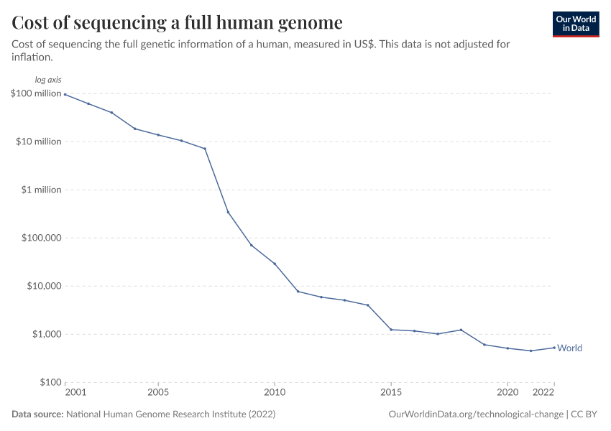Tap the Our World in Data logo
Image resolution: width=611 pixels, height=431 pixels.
(575, 24)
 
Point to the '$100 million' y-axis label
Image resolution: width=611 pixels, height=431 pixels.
(35, 93)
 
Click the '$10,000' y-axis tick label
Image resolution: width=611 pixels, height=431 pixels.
(42, 286)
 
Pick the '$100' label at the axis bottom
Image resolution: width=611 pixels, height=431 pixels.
(50, 382)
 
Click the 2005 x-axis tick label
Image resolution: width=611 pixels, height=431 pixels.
(158, 393)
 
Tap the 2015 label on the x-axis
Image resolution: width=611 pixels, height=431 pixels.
(391, 393)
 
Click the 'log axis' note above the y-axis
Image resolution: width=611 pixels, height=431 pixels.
(48, 80)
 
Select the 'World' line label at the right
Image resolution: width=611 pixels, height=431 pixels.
(569, 348)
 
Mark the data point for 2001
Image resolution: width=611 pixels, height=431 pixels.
(65, 94)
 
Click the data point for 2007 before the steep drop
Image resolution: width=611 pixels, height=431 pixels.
(205, 149)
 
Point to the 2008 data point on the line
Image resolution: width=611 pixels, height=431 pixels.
(228, 212)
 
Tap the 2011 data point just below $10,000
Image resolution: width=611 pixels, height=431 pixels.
(298, 291)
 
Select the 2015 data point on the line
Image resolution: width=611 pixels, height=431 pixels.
(391, 330)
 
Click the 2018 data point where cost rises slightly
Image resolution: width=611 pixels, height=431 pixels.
(461, 330)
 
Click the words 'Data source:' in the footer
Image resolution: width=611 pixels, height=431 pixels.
(37, 414)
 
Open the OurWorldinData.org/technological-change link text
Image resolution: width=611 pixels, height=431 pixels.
(475, 414)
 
